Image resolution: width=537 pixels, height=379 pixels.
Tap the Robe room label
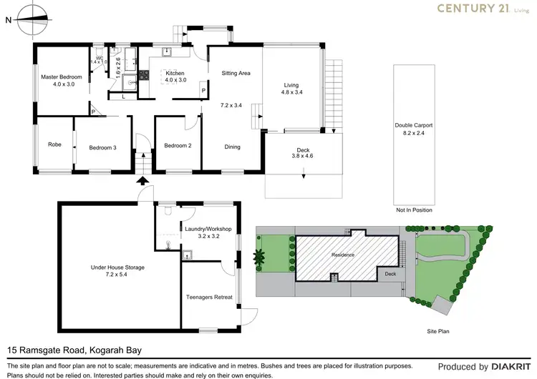coord(55,144)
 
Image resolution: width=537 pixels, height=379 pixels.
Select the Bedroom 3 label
coord(102,147)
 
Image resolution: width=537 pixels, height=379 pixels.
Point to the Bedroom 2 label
coord(178,145)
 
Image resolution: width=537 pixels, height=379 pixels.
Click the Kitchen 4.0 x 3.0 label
coord(175,77)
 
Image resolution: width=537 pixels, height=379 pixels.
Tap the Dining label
coord(232,147)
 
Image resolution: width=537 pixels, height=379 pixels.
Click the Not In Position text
coord(413,210)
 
